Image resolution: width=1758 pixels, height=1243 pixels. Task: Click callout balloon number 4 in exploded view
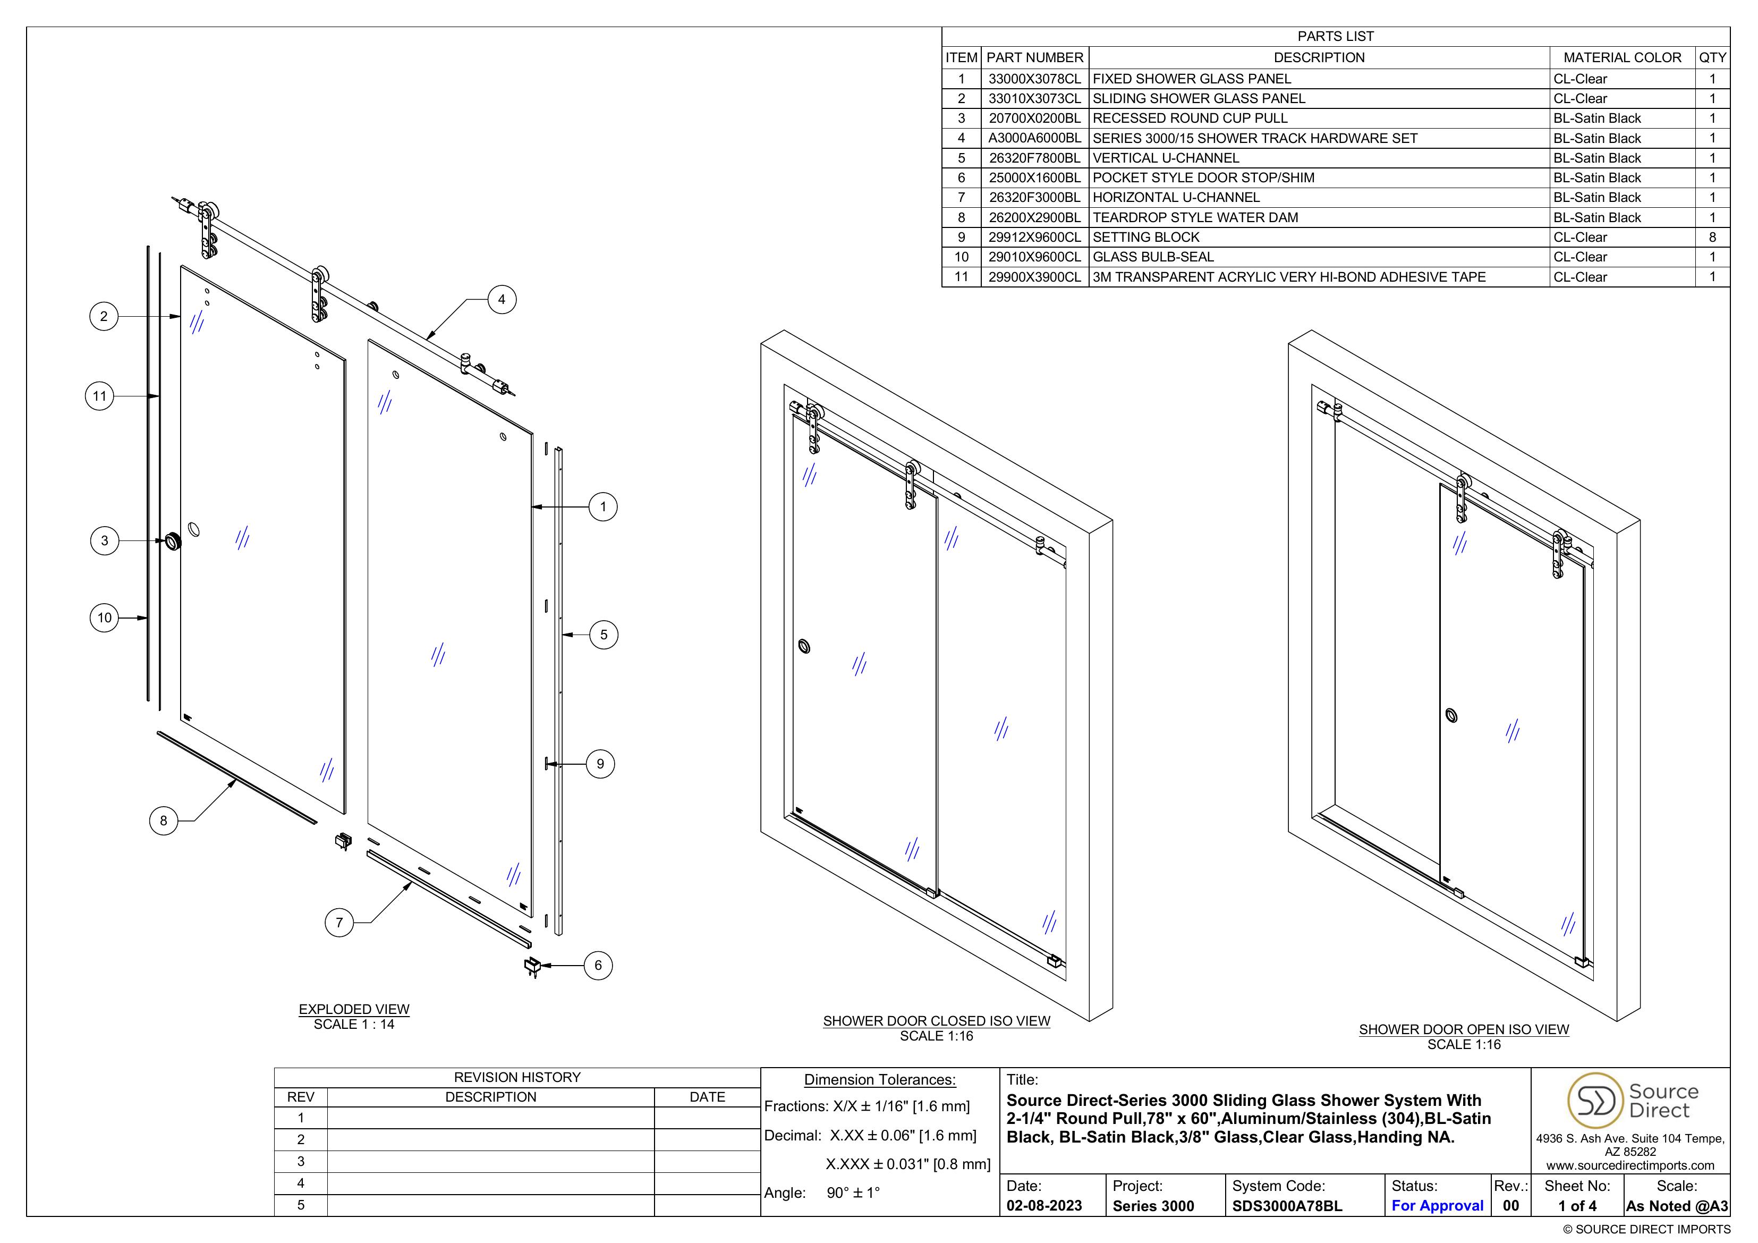502,299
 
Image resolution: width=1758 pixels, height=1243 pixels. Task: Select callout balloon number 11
99,396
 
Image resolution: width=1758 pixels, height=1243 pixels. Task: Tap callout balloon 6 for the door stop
598,965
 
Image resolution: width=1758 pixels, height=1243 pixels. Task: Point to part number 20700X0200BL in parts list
1034,118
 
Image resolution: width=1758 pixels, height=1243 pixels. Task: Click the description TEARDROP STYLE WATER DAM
1195,217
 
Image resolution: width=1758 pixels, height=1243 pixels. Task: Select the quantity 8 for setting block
1712,238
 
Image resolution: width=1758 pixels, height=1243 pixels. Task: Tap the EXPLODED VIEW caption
354,1009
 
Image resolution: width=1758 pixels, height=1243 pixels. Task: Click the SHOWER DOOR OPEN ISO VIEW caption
1463,1029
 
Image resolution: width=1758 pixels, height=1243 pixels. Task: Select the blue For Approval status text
1437,1205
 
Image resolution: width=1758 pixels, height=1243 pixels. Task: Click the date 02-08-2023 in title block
1043,1205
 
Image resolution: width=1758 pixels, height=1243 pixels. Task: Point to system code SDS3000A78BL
1287,1205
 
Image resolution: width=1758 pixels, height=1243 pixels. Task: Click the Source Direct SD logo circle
1595,1101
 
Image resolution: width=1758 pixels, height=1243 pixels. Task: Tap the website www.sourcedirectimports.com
1630,1165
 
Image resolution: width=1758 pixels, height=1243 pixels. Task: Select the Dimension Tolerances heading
880,1080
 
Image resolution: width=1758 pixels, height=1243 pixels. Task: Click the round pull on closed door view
804,646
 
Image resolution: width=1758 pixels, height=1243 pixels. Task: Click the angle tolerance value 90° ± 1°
853,1193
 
